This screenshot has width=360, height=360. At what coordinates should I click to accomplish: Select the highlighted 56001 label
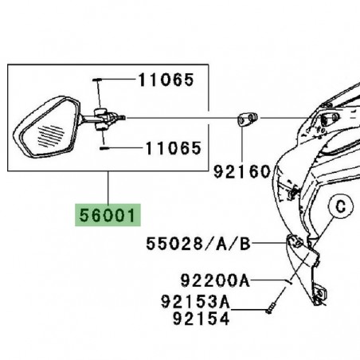pos(107,215)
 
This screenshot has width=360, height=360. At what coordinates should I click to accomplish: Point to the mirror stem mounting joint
pos(101,119)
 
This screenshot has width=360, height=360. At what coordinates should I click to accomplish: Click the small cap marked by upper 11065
pos(96,80)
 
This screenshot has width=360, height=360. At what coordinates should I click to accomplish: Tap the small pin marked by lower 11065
pos(104,147)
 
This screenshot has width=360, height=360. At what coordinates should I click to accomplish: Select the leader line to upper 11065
pos(115,80)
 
